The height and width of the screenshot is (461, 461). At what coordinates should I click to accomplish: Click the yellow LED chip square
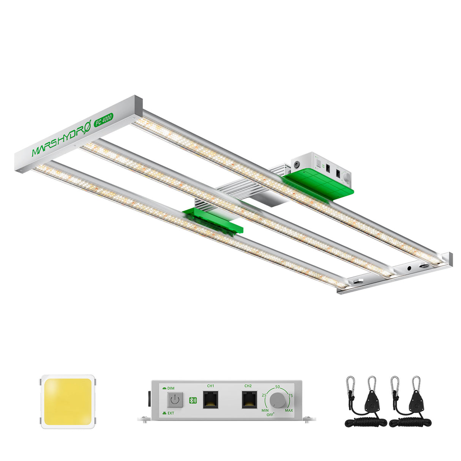67,402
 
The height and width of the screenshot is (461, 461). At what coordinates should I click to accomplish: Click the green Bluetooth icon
193,400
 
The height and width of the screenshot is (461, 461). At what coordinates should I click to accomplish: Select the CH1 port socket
210,400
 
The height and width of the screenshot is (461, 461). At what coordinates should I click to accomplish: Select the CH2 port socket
249,400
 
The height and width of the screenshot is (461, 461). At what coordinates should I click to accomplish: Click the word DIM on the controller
171,388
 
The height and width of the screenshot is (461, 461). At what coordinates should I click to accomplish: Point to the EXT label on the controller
171,413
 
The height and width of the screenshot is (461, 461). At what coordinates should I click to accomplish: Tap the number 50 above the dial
278,387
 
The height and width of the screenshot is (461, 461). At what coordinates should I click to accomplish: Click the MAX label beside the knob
289,410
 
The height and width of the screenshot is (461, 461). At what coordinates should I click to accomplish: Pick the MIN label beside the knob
265,410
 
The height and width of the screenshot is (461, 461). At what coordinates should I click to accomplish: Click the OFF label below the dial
270,415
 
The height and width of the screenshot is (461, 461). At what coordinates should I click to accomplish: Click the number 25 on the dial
264,395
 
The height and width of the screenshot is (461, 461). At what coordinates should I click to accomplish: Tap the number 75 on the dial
290,395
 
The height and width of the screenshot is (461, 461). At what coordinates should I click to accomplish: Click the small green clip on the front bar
213,220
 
